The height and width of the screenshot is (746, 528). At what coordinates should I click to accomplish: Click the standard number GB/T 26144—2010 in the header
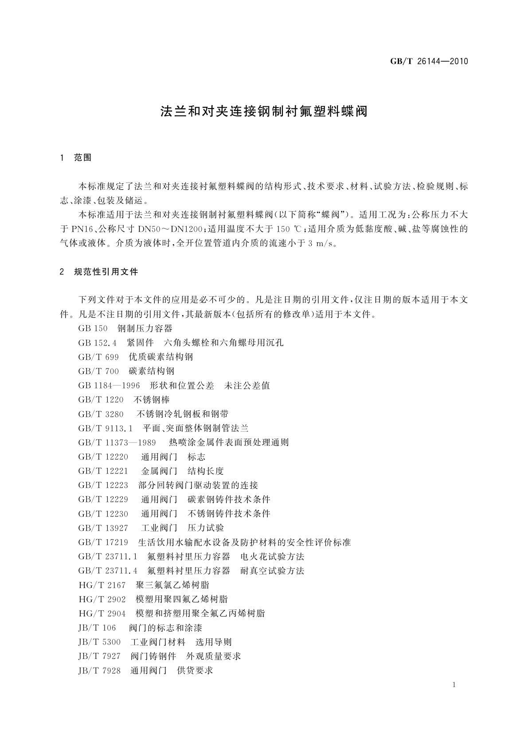click(x=429, y=62)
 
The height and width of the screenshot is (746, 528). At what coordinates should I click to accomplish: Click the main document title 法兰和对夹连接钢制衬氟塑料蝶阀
click(x=264, y=111)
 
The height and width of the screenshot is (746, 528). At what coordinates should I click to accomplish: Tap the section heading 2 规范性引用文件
click(x=99, y=272)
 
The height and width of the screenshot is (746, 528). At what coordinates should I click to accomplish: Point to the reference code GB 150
click(x=93, y=329)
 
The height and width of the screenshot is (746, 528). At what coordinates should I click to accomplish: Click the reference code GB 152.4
click(x=97, y=343)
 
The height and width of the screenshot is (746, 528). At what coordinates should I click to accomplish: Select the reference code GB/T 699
click(x=98, y=357)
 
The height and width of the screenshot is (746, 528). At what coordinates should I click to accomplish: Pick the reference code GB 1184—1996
click(x=109, y=385)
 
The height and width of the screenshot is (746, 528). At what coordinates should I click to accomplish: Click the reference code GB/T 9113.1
click(x=106, y=428)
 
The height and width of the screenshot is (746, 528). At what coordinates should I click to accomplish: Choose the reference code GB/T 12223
click(x=103, y=485)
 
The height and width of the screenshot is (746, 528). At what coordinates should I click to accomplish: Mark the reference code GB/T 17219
click(x=103, y=542)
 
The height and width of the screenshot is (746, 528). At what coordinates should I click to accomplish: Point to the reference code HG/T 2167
click(x=102, y=585)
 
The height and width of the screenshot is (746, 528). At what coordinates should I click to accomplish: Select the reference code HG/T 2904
click(x=102, y=614)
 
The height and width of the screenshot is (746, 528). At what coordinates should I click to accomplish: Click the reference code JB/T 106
click(x=97, y=628)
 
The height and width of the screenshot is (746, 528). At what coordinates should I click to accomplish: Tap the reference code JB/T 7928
click(x=99, y=671)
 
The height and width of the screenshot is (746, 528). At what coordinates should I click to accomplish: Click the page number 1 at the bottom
click(x=454, y=685)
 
